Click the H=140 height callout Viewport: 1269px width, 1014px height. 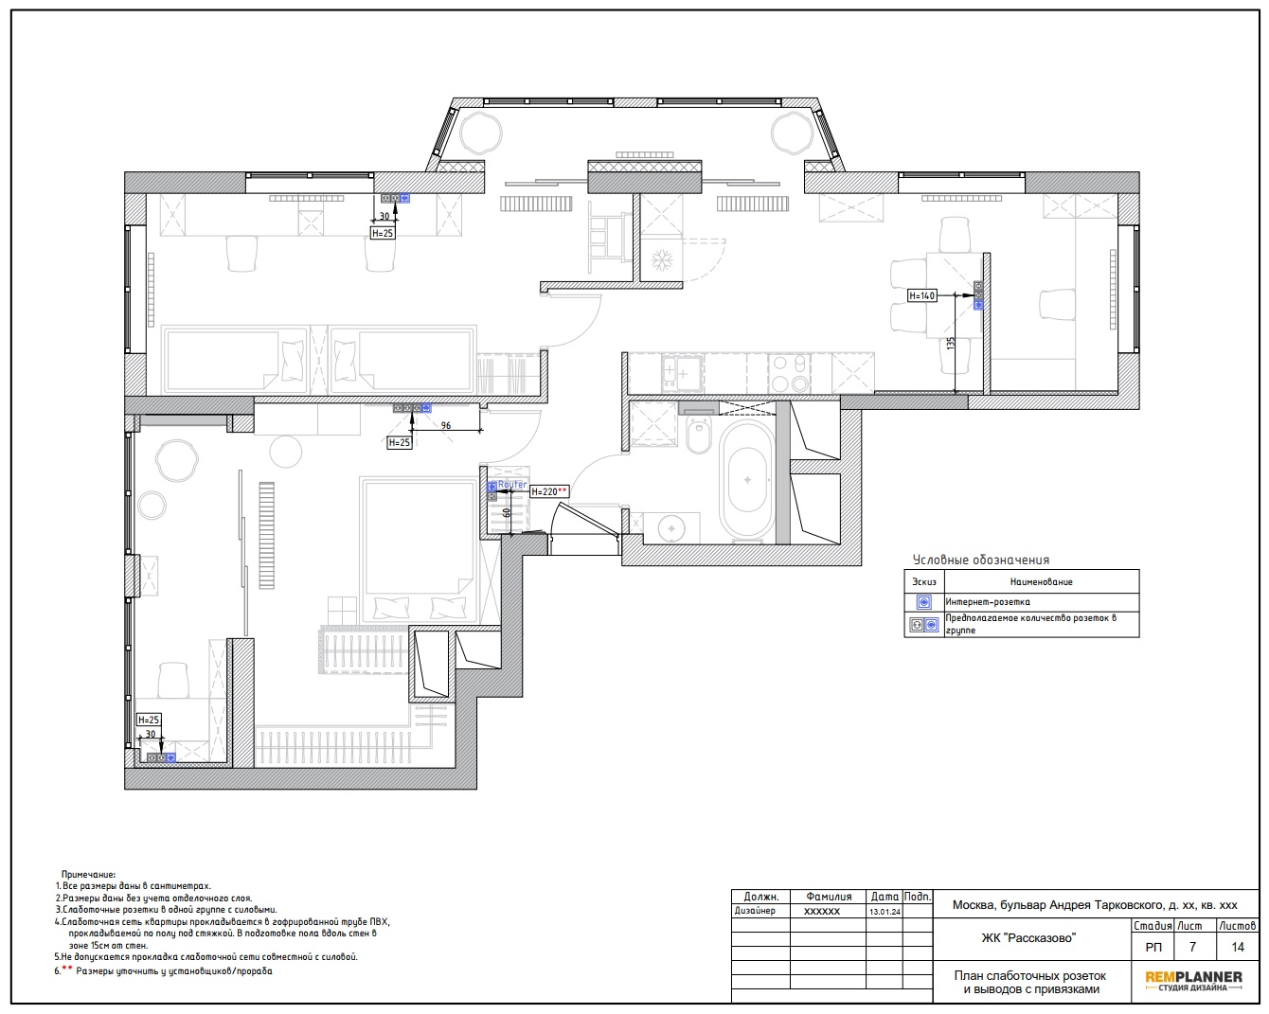(921, 295)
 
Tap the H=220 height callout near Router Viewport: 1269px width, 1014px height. (549, 491)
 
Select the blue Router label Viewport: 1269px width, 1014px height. (511, 484)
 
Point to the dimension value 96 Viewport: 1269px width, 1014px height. (446, 425)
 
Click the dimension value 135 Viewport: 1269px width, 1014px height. (950, 343)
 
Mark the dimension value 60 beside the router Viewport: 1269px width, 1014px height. (506, 512)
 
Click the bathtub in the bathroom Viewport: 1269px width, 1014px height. (746, 480)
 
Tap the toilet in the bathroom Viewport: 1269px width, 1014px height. (699, 435)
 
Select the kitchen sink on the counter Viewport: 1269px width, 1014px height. (681, 373)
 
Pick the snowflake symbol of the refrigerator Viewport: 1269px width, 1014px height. (661, 260)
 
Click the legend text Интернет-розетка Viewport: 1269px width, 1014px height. (988, 602)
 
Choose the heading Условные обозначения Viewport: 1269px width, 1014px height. (981, 560)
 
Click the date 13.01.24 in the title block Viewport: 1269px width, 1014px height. (885, 912)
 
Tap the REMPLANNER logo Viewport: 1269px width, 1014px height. (1193, 981)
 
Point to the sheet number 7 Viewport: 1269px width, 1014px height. (1191, 948)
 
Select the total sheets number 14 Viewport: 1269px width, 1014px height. (1237, 948)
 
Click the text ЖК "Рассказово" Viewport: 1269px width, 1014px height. (1028, 938)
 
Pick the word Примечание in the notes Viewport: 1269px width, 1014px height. (88, 874)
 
